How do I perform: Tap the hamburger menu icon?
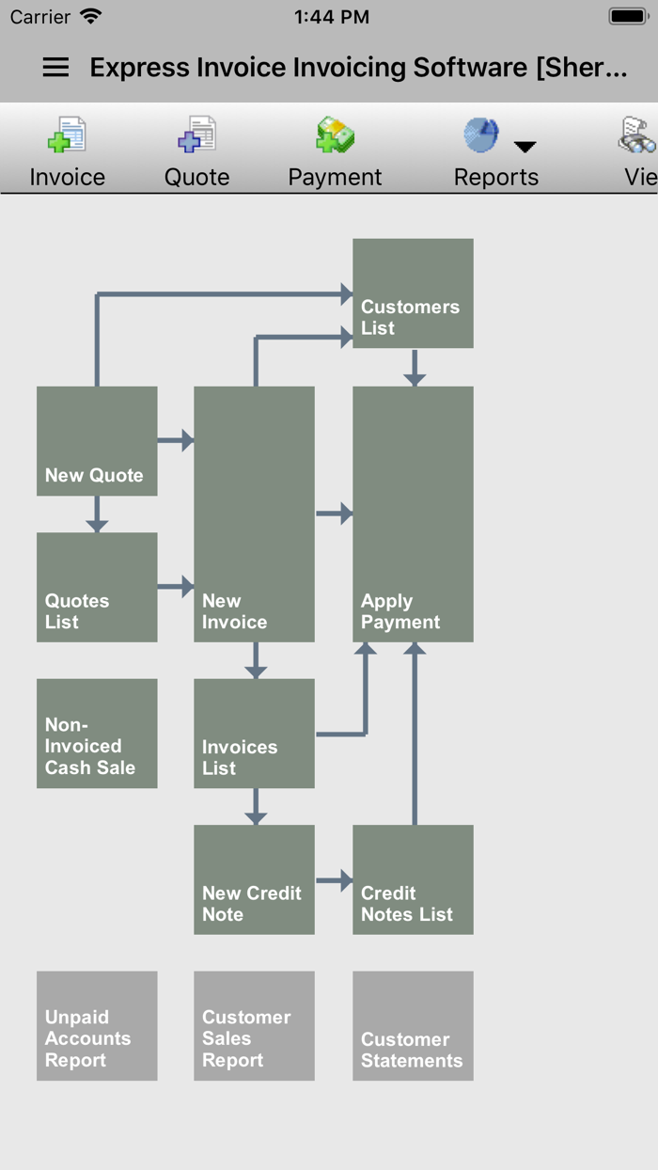(x=55, y=67)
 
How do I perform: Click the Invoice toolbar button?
(x=67, y=151)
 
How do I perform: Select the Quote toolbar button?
(x=197, y=151)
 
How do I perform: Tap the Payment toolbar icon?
(x=335, y=136)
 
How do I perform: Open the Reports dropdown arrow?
(x=525, y=147)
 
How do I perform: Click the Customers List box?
(x=413, y=293)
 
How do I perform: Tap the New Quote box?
(x=97, y=441)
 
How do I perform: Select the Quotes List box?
(x=97, y=588)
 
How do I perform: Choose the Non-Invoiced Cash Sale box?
(x=97, y=734)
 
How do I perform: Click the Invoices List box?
(x=254, y=734)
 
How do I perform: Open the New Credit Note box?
(x=254, y=880)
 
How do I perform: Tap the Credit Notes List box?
(x=413, y=880)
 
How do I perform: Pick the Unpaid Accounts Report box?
(x=97, y=1026)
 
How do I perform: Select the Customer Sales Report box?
(x=254, y=1026)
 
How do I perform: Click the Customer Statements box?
(x=413, y=1026)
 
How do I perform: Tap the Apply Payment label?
(x=400, y=611)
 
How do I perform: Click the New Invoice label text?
(x=234, y=611)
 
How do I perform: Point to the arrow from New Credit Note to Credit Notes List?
(x=334, y=881)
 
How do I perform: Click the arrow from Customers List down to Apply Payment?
(x=415, y=368)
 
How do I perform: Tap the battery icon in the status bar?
(x=627, y=16)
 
